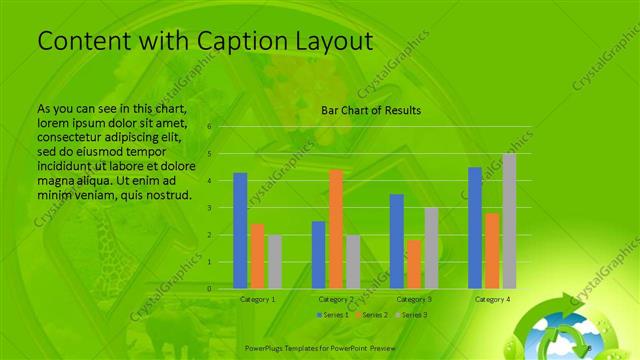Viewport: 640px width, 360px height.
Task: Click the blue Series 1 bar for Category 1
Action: pyautogui.click(x=240, y=230)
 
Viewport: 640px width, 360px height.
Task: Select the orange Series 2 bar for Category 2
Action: pyautogui.click(x=336, y=229)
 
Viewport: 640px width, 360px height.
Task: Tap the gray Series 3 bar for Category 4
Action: pyautogui.click(x=509, y=221)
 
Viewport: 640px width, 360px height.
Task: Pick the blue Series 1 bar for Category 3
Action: pyautogui.click(x=397, y=241)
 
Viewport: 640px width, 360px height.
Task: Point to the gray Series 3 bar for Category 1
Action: pyautogui.click(x=274, y=262)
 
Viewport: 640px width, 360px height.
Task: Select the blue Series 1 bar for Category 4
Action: pyautogui.click(x=475, y=227)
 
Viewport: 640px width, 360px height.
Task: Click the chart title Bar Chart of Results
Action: pyautogui.click(x=370, y=110)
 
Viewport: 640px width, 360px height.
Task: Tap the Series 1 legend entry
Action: pyautogui.click(x=333, y=315)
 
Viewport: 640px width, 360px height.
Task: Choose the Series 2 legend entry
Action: pyautogui.click(x=370, y=315)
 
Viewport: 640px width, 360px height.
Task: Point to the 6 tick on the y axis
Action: pyautogui.click(x=210, y=127)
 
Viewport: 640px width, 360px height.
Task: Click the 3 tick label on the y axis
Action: pyautogui.click(x=210, y=208)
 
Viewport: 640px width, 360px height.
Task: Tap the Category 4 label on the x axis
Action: pyautogui.click(x=492, y=299)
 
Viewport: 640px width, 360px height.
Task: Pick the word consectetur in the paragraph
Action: pyautogui.click(x=76, y=129)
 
